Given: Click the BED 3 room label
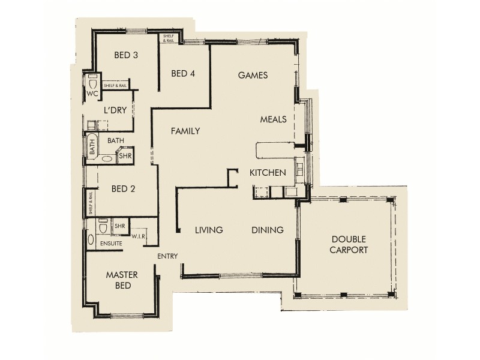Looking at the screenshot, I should coord(126,55).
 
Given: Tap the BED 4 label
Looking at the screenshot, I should coord(183,74).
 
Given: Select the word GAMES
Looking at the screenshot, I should coord(252,76).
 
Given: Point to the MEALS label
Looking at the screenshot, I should coord(273,119).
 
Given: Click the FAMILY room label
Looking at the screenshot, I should coord(185,131).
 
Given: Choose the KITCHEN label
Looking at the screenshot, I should coord(267,173).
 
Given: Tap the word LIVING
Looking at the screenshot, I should coord(209,230).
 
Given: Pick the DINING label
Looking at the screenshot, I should coord(267,230).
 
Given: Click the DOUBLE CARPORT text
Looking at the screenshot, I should coord(349,245).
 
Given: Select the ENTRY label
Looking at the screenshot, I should coord(167,257).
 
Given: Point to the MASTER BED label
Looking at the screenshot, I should coord(122,280).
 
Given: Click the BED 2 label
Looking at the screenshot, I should coord(123,188).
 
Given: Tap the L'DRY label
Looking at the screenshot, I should coord(113,110).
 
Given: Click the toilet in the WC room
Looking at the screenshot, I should coord(92,82).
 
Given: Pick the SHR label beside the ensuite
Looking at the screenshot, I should coord(119,226).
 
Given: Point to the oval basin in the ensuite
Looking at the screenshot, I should coord(91,241).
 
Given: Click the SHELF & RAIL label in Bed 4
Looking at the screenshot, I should coord(166,38).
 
